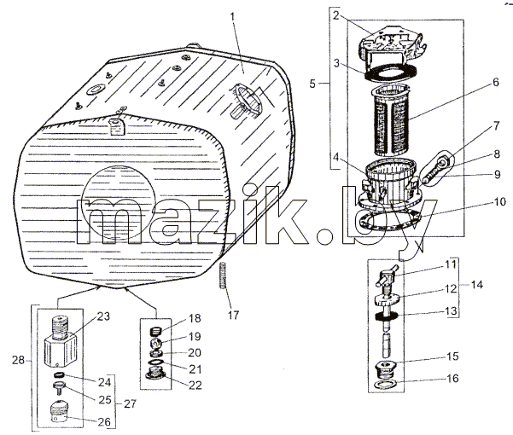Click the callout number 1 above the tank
[x=233, y=16]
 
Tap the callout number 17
[x=234, y=315]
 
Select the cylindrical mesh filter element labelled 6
[x=391, y=119]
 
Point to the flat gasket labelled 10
[x=390, y=222]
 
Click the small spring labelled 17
[x=223, y=275]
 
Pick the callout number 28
[x=18, y=361]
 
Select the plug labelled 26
[x=59, y=412]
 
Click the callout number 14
[x=476, y=285]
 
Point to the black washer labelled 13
[x=387, y=316]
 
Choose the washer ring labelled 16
[x=386, y=384]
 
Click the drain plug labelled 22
[x=155, y=374]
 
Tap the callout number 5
[x=312, y=84]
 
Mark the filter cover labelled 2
[x=392, y=44]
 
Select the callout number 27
[x=130, y=404]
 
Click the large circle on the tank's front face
[x=118, y=201]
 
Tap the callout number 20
[x=195, y=352]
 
